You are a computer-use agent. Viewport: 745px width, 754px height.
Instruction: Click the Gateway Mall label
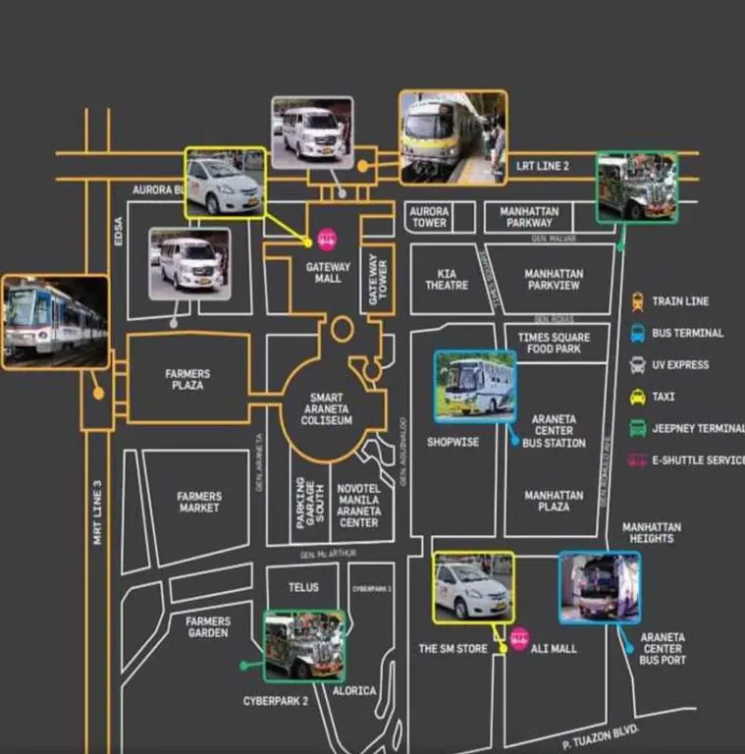click(329, 272)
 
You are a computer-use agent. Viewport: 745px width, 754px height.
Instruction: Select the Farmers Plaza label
click(187, 379)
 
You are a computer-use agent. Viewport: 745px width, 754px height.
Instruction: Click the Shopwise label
click(452, 442)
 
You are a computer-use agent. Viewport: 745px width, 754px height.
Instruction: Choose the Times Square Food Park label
click(555, 343)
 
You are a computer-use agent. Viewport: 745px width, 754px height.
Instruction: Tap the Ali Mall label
click(555, 649)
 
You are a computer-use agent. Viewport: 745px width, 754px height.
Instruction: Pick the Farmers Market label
click(199, 502)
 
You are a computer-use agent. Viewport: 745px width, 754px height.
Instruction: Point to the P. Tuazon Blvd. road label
click(601, 737)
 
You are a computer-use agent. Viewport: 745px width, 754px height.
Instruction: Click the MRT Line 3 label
click(98, 511)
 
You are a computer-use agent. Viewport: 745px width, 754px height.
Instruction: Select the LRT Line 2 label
click(543, 166)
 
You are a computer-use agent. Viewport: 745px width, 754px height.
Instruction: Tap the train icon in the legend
click(638, 301)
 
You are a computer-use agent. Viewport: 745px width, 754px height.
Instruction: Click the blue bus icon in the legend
click(638, 333)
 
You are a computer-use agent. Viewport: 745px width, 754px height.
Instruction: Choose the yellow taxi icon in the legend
click(638, 397)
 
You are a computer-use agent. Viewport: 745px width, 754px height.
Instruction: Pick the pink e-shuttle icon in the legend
click(638, 459)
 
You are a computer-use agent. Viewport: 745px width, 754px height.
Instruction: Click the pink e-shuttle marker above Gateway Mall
click(328, 238)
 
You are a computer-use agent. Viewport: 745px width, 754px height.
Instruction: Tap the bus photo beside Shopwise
click(475, 387)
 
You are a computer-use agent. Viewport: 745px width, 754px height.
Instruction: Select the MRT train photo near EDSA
click(55, 322)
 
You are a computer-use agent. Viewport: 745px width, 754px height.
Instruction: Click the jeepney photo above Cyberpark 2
click(304, 645)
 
